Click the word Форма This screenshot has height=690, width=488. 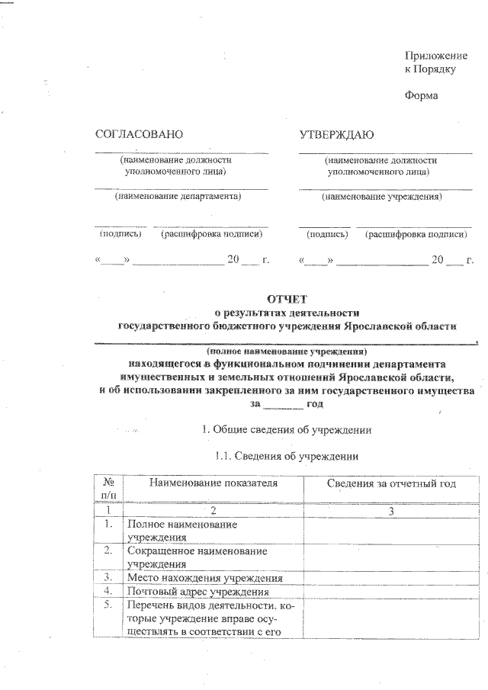[x=421, y=97]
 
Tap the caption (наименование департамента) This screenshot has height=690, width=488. [x=178, y=197]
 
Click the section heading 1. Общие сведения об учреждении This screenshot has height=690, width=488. [x=284, y=430]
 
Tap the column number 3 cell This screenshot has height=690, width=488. [x=390, y=510]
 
